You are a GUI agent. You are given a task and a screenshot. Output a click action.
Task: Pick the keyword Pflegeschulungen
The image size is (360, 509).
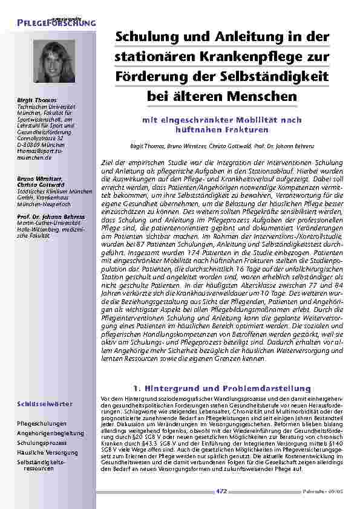click(x=42, y=424)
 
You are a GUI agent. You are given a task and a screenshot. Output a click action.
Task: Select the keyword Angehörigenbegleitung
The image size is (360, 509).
click(x=50, y=433)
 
